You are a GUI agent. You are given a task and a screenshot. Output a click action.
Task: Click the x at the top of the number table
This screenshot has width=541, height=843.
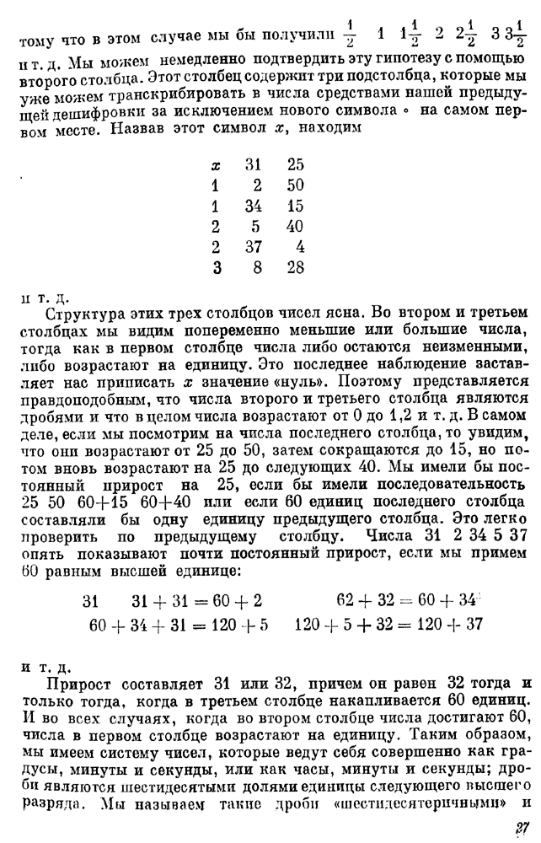coord(217,167)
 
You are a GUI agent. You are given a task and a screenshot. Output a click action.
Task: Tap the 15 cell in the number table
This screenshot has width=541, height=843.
coord(294,207)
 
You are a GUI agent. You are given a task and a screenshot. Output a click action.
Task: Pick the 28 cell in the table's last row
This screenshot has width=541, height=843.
coord(294,267)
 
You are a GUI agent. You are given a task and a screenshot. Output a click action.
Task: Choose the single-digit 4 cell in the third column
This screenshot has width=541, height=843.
coord(300,247)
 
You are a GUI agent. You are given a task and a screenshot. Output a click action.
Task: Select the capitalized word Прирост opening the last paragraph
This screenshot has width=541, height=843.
coord(85,682)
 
